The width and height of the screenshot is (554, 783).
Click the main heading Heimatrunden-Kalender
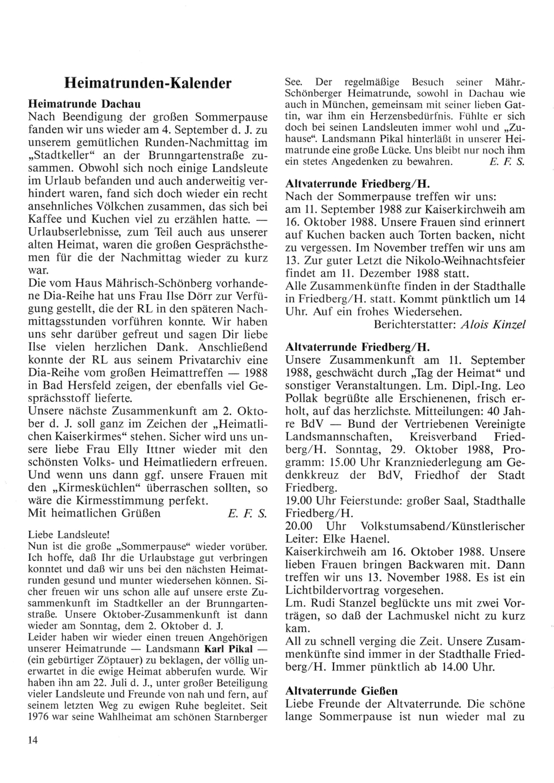(148, 84)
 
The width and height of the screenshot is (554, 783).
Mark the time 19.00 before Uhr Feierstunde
(298, 500)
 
